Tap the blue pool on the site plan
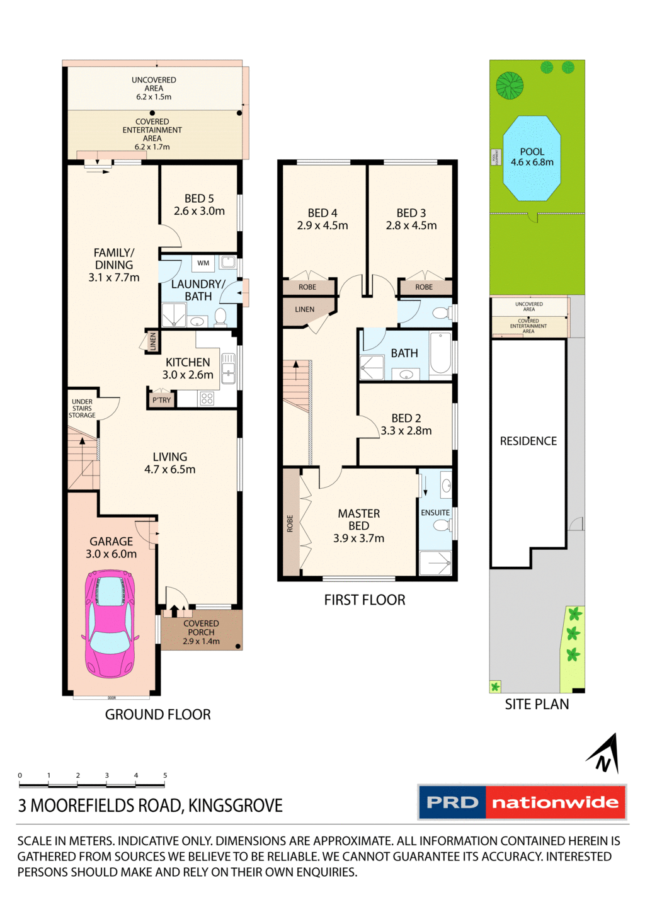pos(532,158)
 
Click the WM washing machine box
pos(203,263)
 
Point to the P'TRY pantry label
pos(161,400)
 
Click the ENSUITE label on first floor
pos(435,513)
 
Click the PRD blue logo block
pos(452,802)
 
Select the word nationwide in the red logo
pos(555,802)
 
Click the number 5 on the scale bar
pos(165,775)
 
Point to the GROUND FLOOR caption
pos(157,714)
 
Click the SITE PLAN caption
pos(537,704)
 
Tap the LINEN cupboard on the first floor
pos(305,309)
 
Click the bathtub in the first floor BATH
pos(441,353)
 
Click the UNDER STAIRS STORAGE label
pos(82,408)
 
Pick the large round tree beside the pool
pos(510,86)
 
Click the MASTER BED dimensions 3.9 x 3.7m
pos(358,539)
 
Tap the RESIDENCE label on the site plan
pos(528,441)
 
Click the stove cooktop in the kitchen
pos(207,398)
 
